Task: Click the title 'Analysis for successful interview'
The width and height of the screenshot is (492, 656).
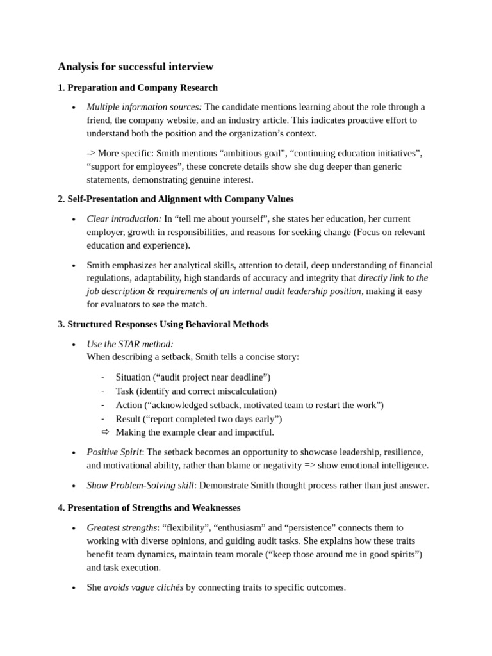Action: (x=135, y=67)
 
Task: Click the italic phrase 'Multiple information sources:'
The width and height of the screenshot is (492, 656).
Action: (x=144, y=107)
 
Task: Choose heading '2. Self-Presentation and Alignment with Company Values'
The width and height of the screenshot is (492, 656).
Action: (x=176, y=199)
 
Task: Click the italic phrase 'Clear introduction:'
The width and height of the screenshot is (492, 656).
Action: (x=124, y=218)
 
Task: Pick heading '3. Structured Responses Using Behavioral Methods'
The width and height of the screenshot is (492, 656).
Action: (x=163, y=324)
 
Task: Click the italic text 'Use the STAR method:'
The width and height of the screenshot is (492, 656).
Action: (x=130, y=344)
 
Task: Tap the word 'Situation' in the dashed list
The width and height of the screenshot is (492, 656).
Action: (x=133, y=377)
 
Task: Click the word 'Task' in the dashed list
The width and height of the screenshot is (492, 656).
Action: (x=125, y=391)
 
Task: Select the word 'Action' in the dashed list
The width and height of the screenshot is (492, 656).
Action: (x=129, y=405)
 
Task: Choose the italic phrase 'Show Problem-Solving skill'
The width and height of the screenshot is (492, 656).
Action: (x=140, y=485)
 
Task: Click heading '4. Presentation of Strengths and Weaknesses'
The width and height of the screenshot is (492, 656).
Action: (x=149, y=508)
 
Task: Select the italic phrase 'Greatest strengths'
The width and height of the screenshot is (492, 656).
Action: (x=122, y=527)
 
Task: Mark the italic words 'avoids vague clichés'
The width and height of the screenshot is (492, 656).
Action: (x=143, y=587)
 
